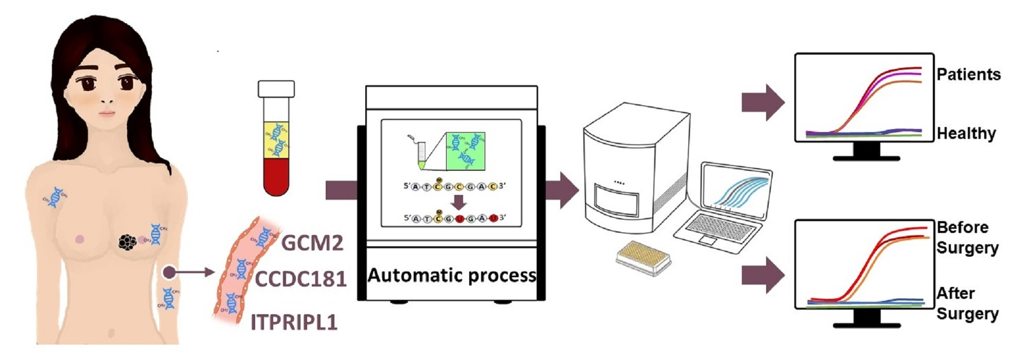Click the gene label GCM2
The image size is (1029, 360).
point(312,242)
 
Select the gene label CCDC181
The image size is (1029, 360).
point(300,279)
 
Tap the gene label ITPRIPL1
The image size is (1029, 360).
point(294,322)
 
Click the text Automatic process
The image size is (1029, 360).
point(452,276)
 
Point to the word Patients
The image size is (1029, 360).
point(968,75)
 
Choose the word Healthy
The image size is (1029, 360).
point(966,134)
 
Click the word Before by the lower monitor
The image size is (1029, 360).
point(962,227)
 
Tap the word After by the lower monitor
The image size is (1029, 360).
point(955,294)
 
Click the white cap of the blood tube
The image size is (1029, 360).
point(276,89)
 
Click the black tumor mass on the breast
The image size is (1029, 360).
point(127,242)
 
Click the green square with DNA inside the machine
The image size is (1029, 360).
point(466,150)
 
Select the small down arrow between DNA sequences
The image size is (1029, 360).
point(459,202)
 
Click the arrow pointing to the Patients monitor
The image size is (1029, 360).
point(762,102)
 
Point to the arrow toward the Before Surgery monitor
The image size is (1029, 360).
point(762,275)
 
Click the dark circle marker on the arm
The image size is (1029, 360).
point(169,273)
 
